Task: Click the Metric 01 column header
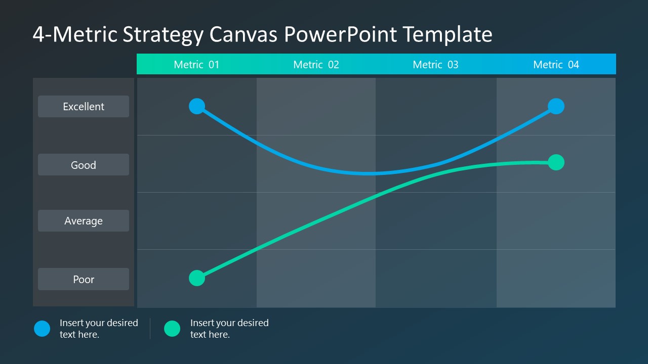pos(196,65)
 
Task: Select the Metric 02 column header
pos(316,65)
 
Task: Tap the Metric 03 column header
pos(435,65)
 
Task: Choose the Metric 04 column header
pos(556,65)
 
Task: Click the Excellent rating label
pos(84,107)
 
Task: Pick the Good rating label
pos(84,165)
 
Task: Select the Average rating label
pos(84,221)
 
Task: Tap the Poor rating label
pos(84,279)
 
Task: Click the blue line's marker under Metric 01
pos(197,106)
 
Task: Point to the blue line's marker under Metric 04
pos(556,106)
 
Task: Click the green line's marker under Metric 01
pos(197,278)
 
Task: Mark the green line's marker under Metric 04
pos(556,162)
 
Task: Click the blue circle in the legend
pos(42,329)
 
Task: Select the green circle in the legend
pos(172,329)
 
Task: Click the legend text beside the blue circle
pos(99,329)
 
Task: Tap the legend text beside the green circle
pos(229,329)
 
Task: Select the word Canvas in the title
pos(244,34)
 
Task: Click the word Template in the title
pos(448,34)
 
